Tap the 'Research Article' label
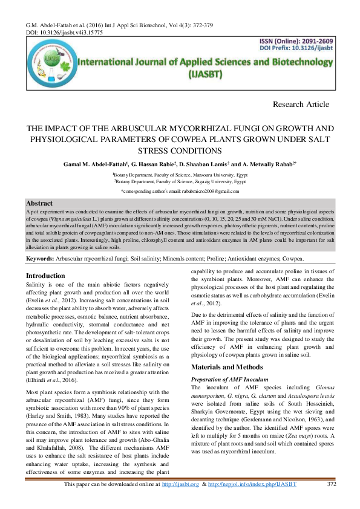[x=301, y=104]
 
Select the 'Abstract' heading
[x=40, y=203]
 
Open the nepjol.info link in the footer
[x=252, y=501]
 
